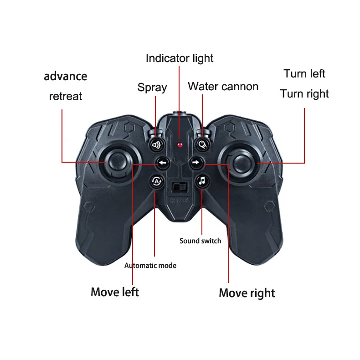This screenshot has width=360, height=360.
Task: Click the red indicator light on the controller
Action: pos(180,145)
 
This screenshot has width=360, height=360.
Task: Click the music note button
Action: pos(202,181)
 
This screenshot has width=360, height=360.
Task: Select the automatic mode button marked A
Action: pos(156,181)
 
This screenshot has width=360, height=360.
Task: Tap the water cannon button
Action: pos(202,145)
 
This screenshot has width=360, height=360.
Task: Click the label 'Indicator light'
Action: pos(180,58)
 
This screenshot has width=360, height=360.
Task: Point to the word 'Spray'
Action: pos(152,87)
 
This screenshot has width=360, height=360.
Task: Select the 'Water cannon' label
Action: pos(223,87)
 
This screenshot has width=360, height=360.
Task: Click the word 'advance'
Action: pos(66,76)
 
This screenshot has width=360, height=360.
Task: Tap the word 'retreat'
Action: pos(66,96)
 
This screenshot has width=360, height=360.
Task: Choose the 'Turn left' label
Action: pos(304,74)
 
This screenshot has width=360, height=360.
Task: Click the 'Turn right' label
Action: pos(304,94)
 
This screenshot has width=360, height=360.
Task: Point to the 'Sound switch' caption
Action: pos(200,241)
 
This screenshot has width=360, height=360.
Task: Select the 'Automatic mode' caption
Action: pos(150,265)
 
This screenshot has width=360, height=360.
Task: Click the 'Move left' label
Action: pos(115,292)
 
